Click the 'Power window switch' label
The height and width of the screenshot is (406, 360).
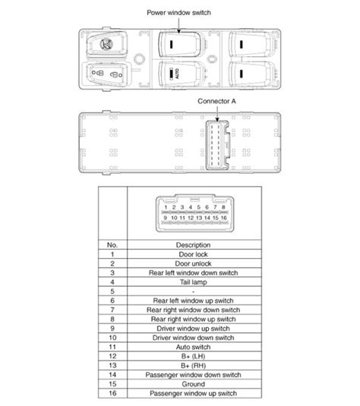180,14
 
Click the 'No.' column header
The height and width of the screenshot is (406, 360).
112,244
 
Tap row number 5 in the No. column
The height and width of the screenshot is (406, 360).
112,291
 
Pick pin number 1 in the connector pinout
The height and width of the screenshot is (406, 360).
166,206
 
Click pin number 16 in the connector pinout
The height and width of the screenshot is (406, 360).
225,218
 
